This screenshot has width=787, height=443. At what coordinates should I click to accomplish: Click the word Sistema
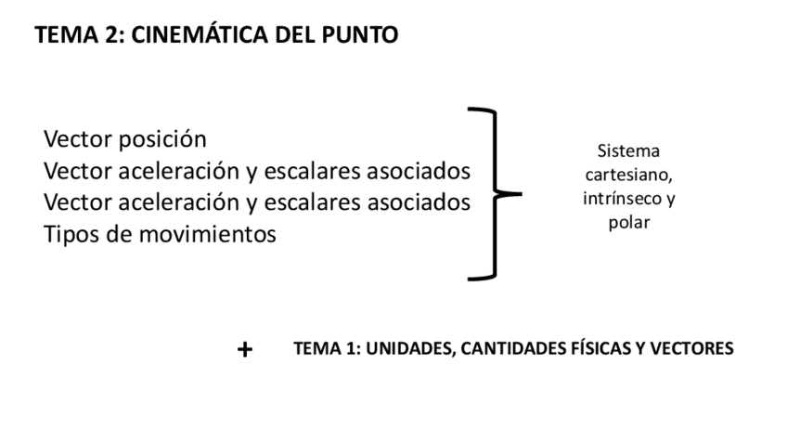click(623, 150)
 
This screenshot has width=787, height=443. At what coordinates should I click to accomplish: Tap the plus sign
click(245, 350)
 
